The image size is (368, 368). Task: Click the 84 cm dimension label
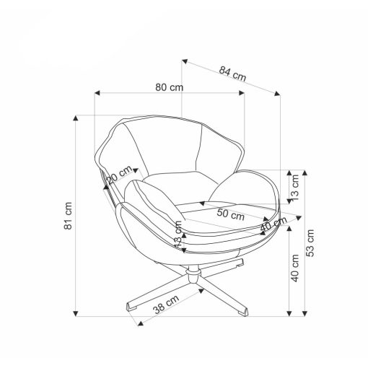click(x=232, y=74)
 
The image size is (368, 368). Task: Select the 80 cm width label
click(x=169, y=87)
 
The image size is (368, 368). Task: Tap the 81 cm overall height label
click(x=68, y=216)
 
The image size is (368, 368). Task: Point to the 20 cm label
click(x=120, y=175)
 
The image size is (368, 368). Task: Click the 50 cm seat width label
click(x=231, y=214)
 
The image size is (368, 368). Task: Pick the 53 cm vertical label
click(x=310, y=243)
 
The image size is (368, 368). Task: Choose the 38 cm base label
click(x=166, y=304)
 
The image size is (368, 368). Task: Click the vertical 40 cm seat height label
click(x=295, y=268)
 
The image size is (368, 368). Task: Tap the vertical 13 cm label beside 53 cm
click(x=295, y=188)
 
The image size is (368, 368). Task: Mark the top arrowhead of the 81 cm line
click(x=76, y=118)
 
